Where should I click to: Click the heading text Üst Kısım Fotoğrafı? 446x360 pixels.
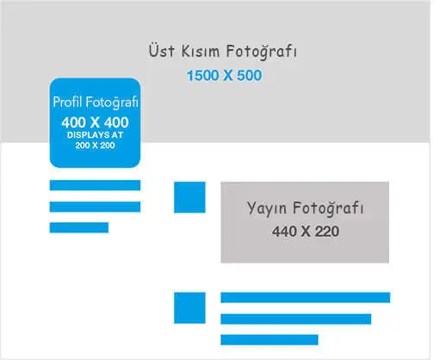pyautogui.click(x=223, y=52)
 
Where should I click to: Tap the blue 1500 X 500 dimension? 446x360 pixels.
pyautogui.click(x=224, y=76)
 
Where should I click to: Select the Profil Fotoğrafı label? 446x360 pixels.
pyautogui.click(x=96, y=102)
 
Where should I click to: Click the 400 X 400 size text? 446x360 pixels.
pyautogui.click(x=95, y=122)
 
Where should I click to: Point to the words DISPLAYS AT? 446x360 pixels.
pyautogui.click(x=95, y=135)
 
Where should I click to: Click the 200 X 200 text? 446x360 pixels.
pyautogui.click(x=95, y=146)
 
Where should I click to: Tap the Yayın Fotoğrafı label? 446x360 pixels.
pyautogui.click(x=306, y=208)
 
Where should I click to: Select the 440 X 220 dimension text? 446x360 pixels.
pyautogui.click(x=306, y=232)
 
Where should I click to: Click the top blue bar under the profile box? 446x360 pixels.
pyautogui.click(x=95, y=185)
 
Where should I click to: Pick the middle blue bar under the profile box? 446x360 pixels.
pyautogui.click(x=95, y=207)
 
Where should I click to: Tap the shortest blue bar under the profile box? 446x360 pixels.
pyautogui.click(x=79, y=227)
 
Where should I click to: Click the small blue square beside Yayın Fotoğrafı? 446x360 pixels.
pyautogui.click(x=189, y=197)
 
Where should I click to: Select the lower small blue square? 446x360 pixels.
pyautogui.click(x=189, y=307)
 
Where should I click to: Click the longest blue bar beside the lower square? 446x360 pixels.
pyautogui.click(x=306, y=297)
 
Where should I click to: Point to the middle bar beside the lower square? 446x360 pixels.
pyautogui.click(x=296, y=319)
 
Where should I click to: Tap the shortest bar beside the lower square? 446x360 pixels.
pyautogui.click(x=269, y=340)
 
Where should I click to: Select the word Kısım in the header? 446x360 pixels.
pyautogui.click(x=201, y=51)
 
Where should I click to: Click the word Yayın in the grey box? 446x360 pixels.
pyautogui.click(x=267, y=208)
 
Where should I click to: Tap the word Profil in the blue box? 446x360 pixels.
pyautogui.click(x=68, y=102)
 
